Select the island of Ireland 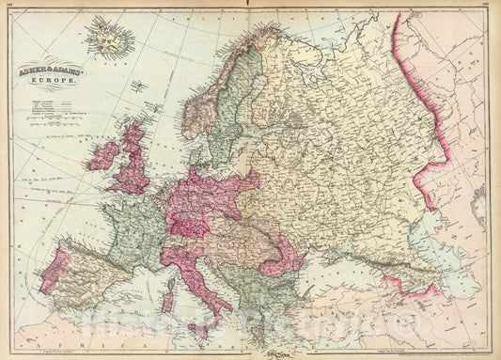pos(101,157)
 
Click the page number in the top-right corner pos(494,6)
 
